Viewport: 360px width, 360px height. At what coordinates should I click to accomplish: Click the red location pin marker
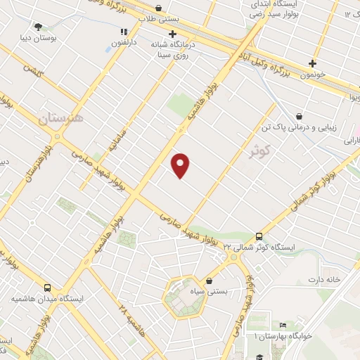point(181,165)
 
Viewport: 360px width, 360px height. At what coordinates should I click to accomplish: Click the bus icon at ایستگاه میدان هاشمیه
point(47,288)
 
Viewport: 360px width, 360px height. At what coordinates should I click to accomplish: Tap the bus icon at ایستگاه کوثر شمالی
point(259,236)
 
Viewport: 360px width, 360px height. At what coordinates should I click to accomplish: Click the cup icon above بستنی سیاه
point(209,280)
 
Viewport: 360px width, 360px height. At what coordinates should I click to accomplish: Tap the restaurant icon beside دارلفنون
point(124,32)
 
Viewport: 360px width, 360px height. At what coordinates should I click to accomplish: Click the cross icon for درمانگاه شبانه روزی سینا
point(172,33)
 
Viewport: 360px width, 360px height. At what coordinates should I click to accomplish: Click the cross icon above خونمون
point(313,63)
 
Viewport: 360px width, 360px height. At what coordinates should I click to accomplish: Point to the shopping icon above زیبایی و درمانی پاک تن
point(300,117)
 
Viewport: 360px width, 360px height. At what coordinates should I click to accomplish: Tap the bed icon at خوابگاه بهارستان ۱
point(283,325)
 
